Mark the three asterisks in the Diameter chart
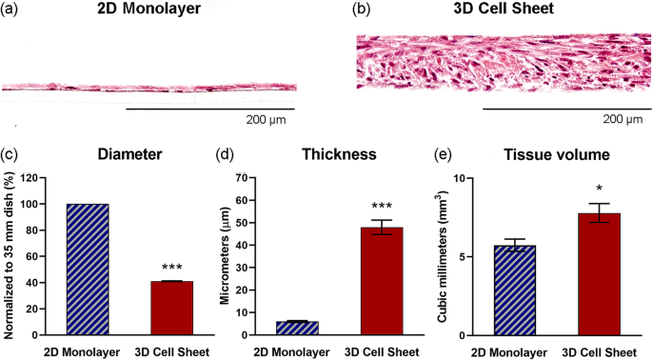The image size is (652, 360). coord(170,270)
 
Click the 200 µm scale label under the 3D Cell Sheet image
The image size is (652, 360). coord(622,120)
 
